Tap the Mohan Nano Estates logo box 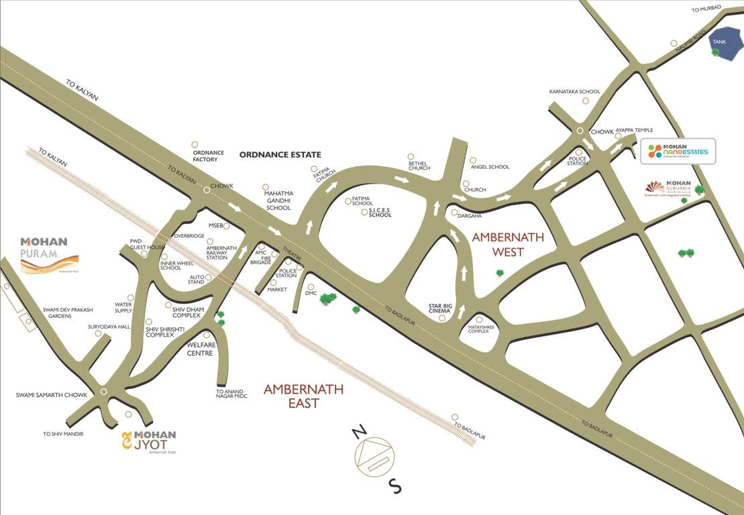[x=678, y=152]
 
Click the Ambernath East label [x=303, y=396]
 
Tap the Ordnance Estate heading [x=280, y=155]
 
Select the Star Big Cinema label [x=440, y=308]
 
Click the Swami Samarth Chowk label [x=52, y=395]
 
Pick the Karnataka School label [x=574, y=91]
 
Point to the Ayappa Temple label [x=634, y=130]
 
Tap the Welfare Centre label [x=200, y=349]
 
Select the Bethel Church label [x=419, y=165]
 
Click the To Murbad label [x=707, y=8]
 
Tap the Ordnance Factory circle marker [x=195, y=144]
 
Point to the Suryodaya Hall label [x=109, y=327]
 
